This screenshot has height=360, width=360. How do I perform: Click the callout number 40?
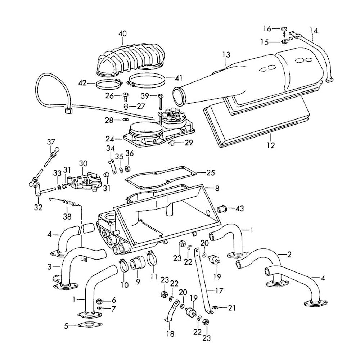[x=122, y=33]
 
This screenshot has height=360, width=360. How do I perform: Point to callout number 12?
[x=271, y=145]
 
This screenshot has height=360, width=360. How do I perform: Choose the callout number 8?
[x=217, y=188]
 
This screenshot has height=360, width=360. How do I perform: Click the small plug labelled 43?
[x=222, y=208]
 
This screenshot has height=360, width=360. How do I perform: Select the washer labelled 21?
[x=214, y=307]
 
